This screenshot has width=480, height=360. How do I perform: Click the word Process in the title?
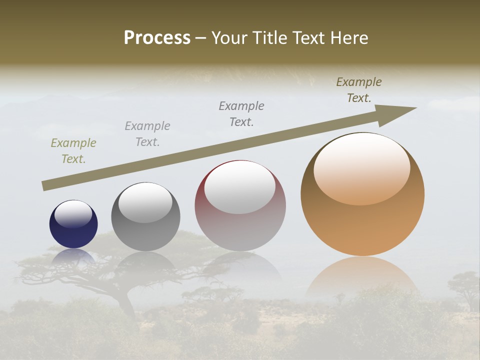click(x=157, y=38)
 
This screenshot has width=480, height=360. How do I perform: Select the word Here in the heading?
click(x=348, y=38)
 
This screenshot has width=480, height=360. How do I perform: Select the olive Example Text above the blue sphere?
click(x=73, y=151)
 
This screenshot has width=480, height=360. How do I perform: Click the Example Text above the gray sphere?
click(x=147, y=134)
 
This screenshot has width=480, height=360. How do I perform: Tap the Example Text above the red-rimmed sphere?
click(x=241, y=113)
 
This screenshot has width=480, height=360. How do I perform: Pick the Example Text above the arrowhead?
click(x=359, y=90)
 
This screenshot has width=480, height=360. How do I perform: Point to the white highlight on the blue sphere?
click(x=73, y=214)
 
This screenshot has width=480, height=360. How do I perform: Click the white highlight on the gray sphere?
click(x=145, y=202)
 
